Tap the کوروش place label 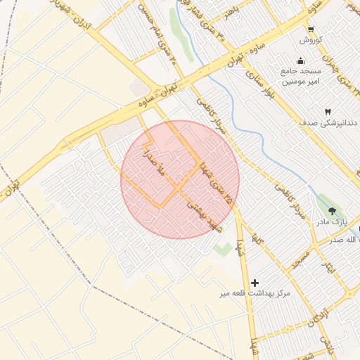pyautogui.click(x=310, y=39)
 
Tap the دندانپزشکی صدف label pyautogui.click(x=328, y=123)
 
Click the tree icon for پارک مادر pyautogui.click(x=332, y=210)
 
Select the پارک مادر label pyautogui.click(x=331, y=221)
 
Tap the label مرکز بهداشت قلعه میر pyautogui.click(x=255, y=292)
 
